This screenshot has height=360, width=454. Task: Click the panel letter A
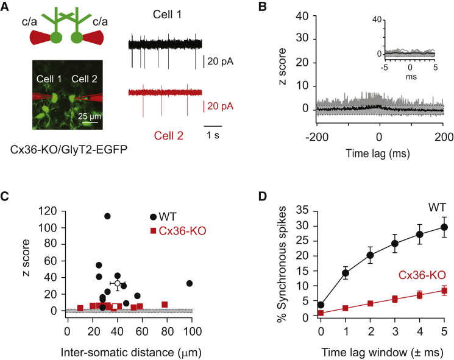[x=7, y=8]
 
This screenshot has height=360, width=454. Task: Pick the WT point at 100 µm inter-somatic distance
[x=190, y=283]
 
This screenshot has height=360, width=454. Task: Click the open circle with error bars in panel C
[x=117, y=283]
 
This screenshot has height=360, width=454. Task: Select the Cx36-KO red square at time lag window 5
[x=444, y=291]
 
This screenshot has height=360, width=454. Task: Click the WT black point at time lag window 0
[x=321, y=305]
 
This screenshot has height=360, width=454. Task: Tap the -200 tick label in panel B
[x=316, y=135]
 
